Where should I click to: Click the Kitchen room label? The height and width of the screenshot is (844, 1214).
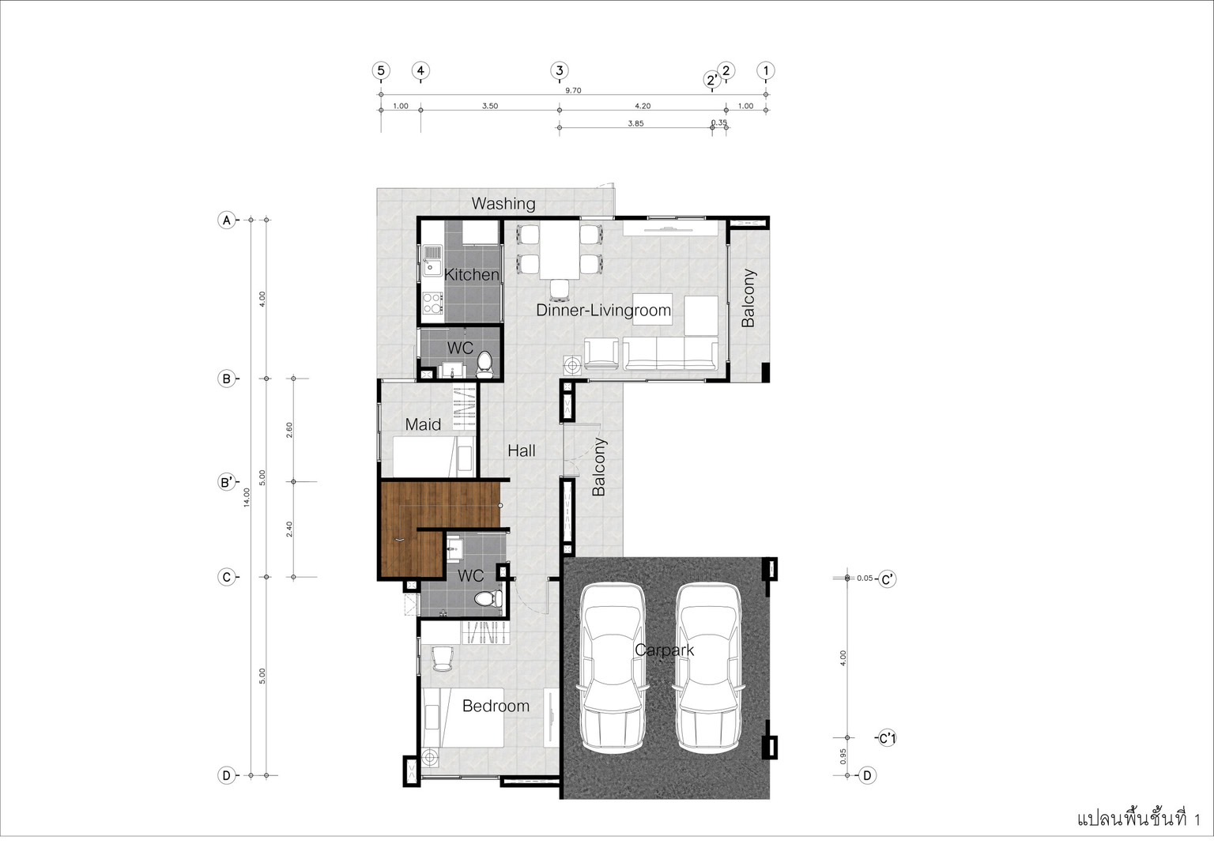pyautogui.click(x=472, y=275)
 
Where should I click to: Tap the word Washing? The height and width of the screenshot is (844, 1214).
pyautogui.click(x=503, y=204)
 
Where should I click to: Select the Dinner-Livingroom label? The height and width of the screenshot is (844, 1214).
pyautogui.click(x=603, y=311)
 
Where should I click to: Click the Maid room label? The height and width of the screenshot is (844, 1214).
pyautogui.click(x=423, y=424)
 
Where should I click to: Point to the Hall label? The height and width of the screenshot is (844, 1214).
pyautogui.click(x=522, y=450)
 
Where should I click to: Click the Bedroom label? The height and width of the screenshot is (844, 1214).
pyautogui.click(x=496, y=706)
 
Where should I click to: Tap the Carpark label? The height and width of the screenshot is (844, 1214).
pyautogui.click(x=664, y=650)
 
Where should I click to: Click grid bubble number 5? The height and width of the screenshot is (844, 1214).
pyautogui.click(x=381, y=70)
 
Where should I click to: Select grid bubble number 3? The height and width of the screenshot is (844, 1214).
pyautogui.click(x=560, y=70)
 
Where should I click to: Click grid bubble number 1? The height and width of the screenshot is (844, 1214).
pyautogui.click(x=766, y=70)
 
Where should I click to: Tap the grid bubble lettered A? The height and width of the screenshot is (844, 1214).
pyautogui.click(x=227, y=220)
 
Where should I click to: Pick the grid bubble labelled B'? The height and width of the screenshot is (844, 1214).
pyautogui.click(x=227, y=482)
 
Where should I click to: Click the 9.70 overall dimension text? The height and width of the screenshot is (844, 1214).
pyautogui.click(x=573, y=90)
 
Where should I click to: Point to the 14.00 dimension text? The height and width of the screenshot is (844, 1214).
pyautogui.click(x=247, y=497)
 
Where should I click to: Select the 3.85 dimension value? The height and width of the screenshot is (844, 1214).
pyautogui.click(x=635, y=123)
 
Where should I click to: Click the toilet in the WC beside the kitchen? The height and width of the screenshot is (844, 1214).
pyautogui.click(x=484, y=364)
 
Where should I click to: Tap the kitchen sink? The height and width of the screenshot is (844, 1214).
pyautogui.click(x=432, y=261)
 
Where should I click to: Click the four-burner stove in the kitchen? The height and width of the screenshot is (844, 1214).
pyautogui.click(x=432, y=303)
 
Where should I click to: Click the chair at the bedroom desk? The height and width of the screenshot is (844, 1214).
pyautogui.click(x=443, y=659)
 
